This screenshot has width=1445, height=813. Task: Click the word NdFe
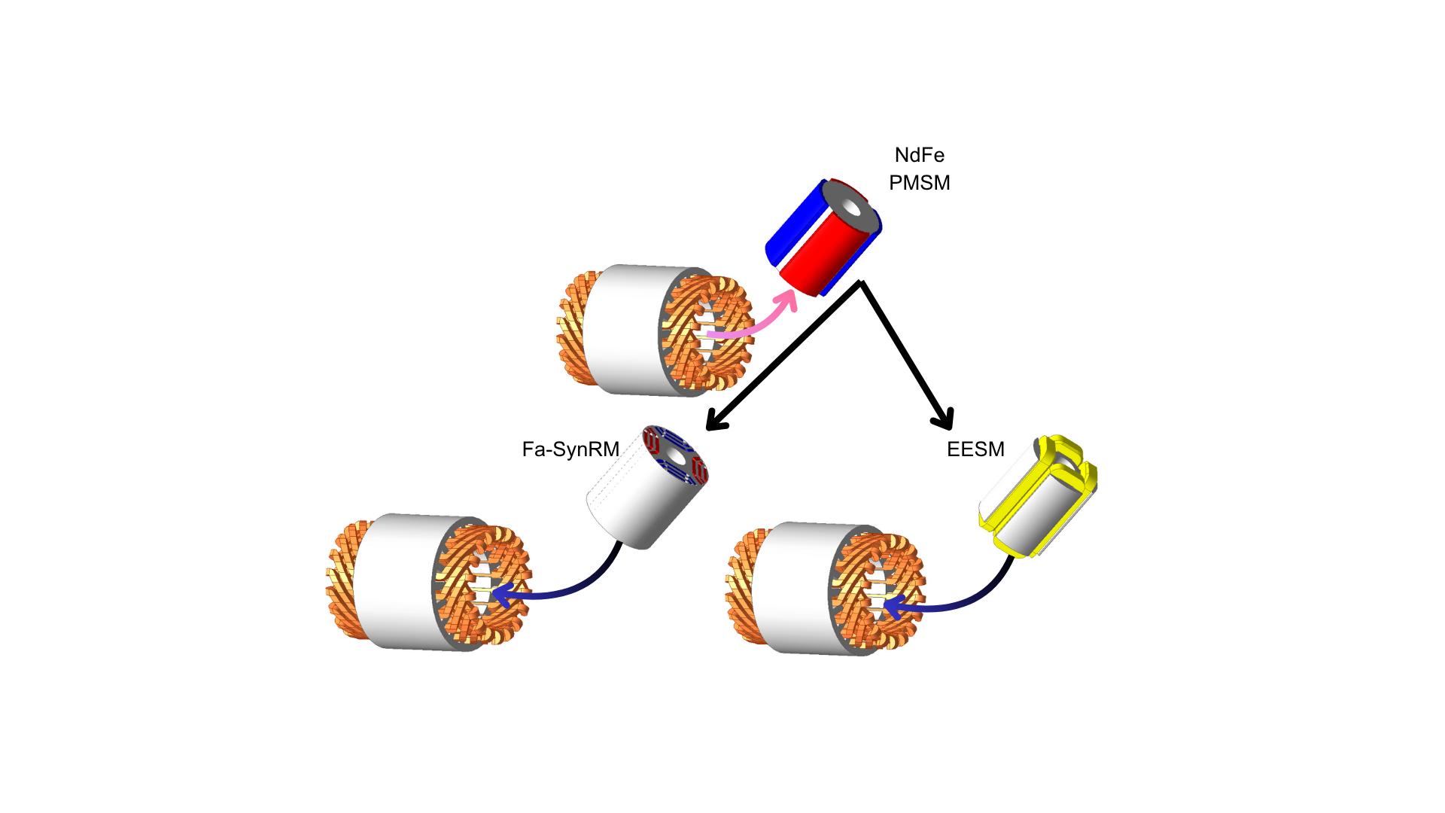point(919,155)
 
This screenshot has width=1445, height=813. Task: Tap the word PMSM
point(919,183)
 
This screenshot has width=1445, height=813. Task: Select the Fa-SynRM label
point(570,449)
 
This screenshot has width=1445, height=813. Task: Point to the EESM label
point(975,449)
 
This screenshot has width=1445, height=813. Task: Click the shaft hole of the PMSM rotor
point(851,207)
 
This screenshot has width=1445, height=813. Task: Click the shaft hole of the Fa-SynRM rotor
point(676,456)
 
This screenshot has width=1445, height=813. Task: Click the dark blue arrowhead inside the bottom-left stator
point(501,594)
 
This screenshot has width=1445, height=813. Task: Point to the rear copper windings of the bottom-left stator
point(342,580)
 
